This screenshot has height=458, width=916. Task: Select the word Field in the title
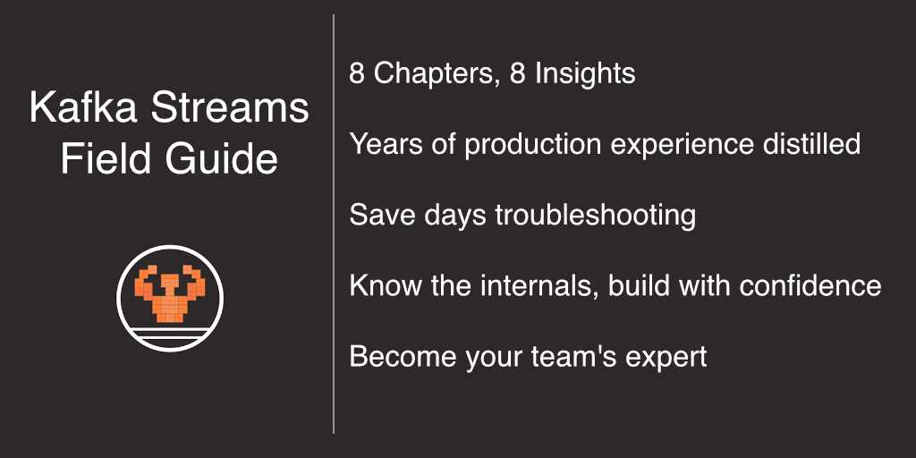pyautogui.click(x=98, y=160)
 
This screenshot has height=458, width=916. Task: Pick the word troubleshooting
pyautogui.click(x=595, y=215)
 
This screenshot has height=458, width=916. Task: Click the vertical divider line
pyautogui.click(x=334, y=224)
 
